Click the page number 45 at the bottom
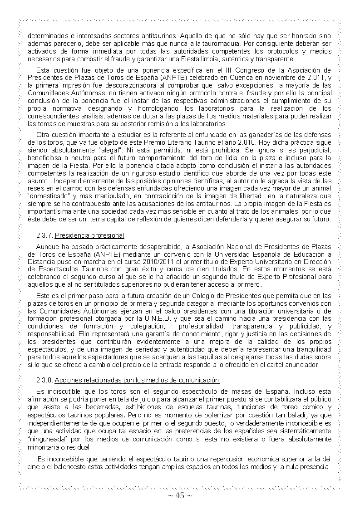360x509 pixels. point(180,495)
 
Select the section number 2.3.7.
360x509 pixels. point(45,236)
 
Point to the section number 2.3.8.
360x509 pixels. point(45,380)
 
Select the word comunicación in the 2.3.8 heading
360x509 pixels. point(199,380)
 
